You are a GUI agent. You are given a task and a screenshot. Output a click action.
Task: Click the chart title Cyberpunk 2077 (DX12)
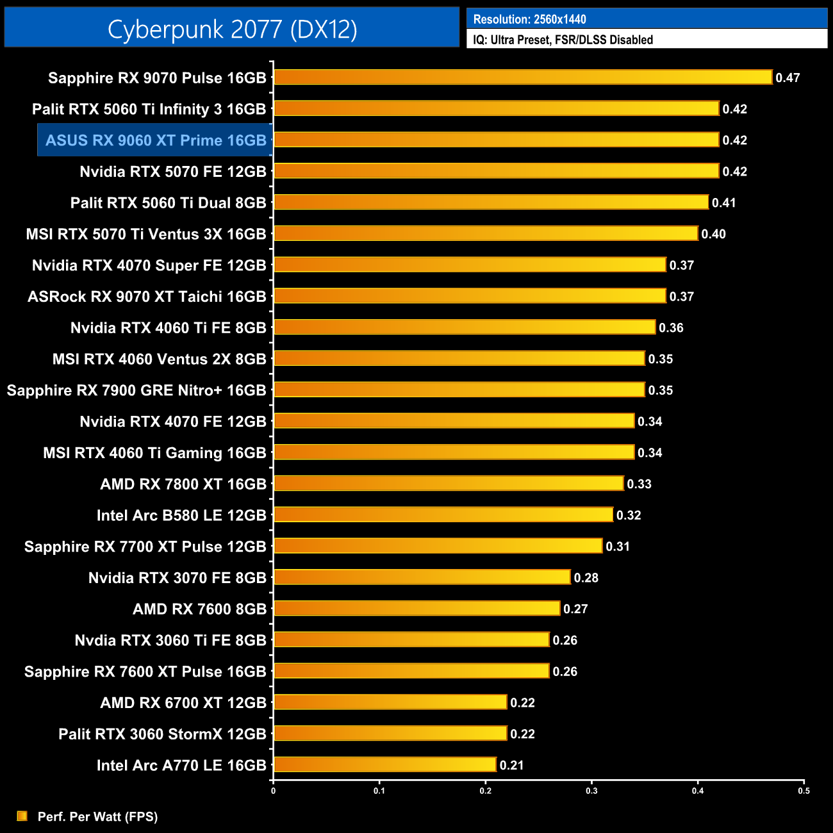pyautogui.click(x=232, y=29)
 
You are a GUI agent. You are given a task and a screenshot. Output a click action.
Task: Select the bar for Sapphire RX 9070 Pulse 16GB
pyautogui.click(x=523, y=78)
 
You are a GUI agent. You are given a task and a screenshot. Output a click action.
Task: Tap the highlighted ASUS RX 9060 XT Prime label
pyautogui.click(x=156, y=140)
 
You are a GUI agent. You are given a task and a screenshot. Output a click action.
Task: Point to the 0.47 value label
pyautogui.click(x=788, y=78)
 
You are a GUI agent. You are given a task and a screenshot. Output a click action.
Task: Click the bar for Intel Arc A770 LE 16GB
pyautogui.click(x=384, y=764)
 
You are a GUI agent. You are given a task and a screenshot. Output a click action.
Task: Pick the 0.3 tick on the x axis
pyautogui.click(x=591, y=791)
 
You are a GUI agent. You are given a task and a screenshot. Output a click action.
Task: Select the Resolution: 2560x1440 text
pyautogui.click(x=529, y=19)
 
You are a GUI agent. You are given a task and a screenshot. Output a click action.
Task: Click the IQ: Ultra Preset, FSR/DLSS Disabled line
pyautogui.click(x=563, y=40)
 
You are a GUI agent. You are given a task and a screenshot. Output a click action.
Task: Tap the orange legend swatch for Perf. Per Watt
pyautogui.click(x=22, y=816)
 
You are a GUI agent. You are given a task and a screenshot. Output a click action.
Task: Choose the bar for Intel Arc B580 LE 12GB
pyautogui.click(x=443, y=515)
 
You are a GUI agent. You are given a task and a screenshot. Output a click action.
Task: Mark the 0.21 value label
pyautogui.click(x=511, y=765)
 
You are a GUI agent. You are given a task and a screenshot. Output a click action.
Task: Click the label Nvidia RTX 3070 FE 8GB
pyautogui.click(x=177, y=578)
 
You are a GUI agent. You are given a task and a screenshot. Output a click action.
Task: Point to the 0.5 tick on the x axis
pyautogui.click(x=804, y=791)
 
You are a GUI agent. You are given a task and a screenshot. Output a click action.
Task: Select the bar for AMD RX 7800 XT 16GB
pyautogui.click(x=449, y=483)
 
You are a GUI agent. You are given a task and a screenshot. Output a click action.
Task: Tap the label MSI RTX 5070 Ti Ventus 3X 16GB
pyautogui.click(x=146, y=234)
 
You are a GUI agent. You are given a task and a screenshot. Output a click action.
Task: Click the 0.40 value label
pyautogui.click(x=713, y=234)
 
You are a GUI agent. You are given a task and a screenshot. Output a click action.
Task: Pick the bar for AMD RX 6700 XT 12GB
pyautogui.click(x=390, y=702)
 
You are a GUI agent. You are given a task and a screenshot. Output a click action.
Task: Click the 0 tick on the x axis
pyautogui.click(x=274, y=791)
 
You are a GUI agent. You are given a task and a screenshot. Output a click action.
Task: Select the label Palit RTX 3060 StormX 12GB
pyautogui.click(x=162, y=734)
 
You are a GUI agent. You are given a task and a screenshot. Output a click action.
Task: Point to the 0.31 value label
pyautogui.click(x=618, y=547)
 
